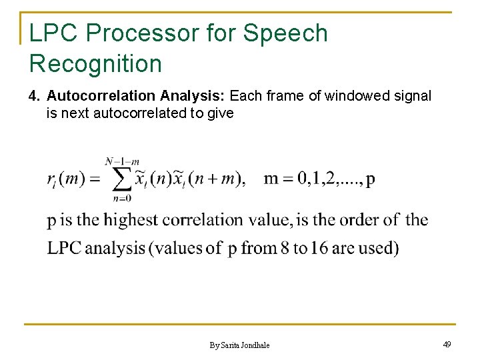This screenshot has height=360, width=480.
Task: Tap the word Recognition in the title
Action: pos(95,64)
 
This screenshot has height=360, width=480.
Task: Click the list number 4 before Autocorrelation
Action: pos(34,97)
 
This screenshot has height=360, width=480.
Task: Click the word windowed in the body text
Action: pos(363,97)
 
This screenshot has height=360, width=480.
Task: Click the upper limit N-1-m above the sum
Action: pos(121,161)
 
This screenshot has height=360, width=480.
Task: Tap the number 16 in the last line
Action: pos(317,248)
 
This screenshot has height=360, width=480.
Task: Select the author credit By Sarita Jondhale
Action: pos(239,345)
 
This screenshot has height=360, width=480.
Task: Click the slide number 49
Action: pos(447,344)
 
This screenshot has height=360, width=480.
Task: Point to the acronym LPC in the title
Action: pos(55,33)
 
